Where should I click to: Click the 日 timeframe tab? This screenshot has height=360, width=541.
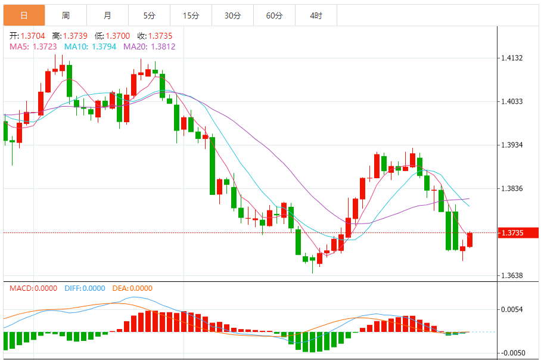(x=24, y=15)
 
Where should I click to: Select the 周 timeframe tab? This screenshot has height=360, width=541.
(x=66, y=15)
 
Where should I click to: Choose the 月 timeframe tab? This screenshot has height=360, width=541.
(x=107, y=15)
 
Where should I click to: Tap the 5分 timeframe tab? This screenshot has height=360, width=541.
(x=149, y=15)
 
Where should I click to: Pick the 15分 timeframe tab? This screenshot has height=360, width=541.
(x=191, y=15)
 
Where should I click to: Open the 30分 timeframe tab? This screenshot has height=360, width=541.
(x=232, y=15)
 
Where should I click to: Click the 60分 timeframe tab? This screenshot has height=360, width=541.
(x=274, y=15)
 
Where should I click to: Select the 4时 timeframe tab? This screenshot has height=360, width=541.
(x=316, y=15)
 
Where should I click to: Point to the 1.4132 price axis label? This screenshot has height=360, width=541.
(x=512, y=58)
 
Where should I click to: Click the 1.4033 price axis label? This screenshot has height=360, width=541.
(x=512, y=102)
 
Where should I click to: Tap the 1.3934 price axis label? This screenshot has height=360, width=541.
(x=512, y=145)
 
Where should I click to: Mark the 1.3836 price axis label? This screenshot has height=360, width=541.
(x=512, y=189)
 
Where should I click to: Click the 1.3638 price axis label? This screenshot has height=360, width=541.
(x=512, y=276)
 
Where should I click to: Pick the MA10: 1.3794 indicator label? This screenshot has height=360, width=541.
(x=90, y=46)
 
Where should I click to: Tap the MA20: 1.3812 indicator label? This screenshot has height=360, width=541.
(x=149, y=46)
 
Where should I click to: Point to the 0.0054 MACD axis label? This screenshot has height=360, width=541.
(x=512, y=310)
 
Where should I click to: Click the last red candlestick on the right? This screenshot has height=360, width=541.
(x=470, y=240)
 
